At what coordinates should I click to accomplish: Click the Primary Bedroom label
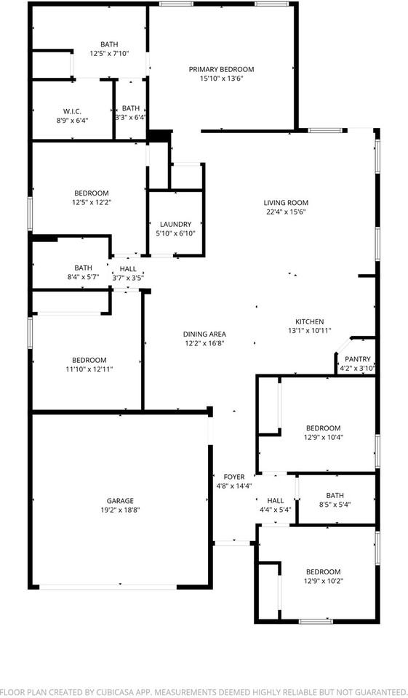pos(221,69)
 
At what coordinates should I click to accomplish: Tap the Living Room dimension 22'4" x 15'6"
pos(286,212)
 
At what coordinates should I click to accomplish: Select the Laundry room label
pos(175,224)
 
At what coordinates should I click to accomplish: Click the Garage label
pos(120,500)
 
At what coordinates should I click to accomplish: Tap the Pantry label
pos(357,358)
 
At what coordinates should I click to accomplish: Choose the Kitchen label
pos(309,321)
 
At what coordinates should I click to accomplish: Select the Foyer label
pos(233,476)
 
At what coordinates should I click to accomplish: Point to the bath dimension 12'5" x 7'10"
pos(109,53)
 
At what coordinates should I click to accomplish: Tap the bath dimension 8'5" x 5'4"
pos(335,505)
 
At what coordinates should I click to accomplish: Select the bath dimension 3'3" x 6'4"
pos(131,117)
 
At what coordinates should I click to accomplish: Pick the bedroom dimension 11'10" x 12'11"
pos(89,369)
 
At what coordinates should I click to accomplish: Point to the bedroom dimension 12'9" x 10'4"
pos(323,437)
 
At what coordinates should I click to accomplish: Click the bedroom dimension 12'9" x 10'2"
pos(323,581)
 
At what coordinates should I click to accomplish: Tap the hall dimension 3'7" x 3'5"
pos(127,278)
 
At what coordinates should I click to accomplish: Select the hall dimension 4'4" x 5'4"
pos(275,510)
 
